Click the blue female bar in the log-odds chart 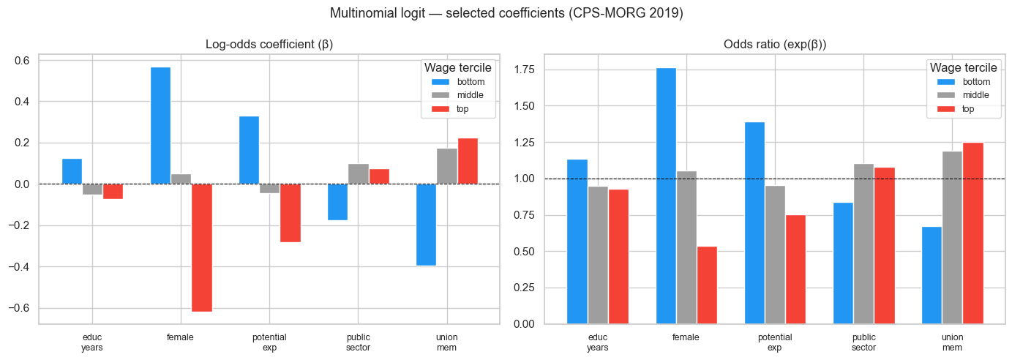tap(160, 125)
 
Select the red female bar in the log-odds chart tap(201, 247)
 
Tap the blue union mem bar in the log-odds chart tap(427, 225)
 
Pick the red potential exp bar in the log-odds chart tap(291, 213)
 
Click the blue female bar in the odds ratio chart tap(666, 195)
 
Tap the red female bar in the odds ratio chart tap(707, 285)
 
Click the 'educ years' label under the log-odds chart tap(92, 342)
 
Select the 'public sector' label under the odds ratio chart tap(863, 342)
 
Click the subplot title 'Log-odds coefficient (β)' tap(269, 45)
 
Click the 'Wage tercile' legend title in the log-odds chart tap(457, 67)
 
